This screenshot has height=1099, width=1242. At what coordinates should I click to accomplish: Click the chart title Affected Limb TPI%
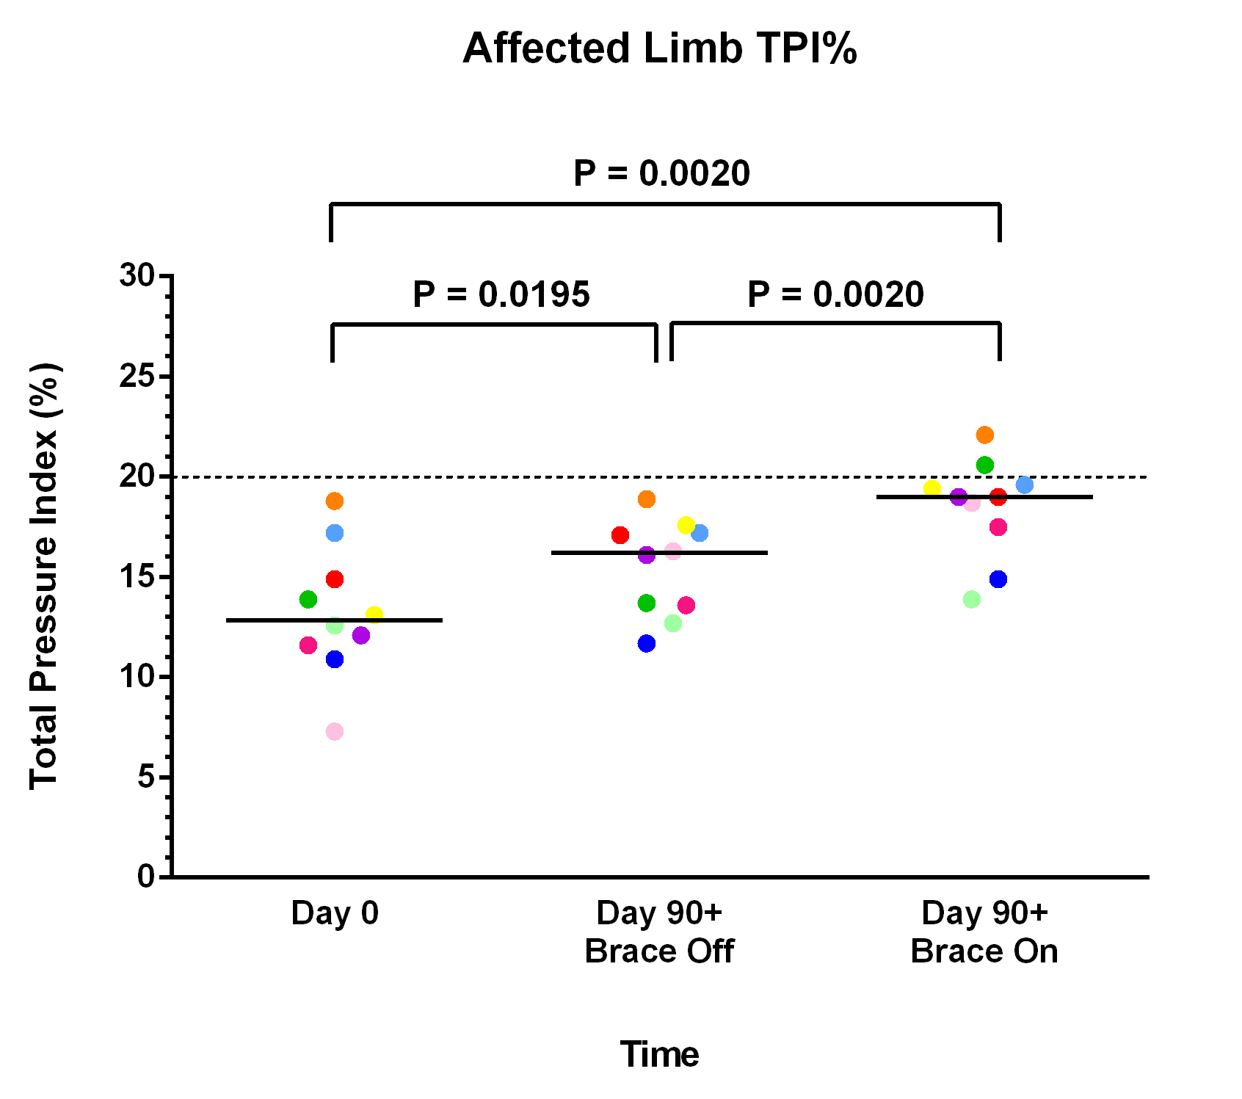point(659,48)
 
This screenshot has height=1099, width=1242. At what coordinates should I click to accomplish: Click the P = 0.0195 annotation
point(501,294)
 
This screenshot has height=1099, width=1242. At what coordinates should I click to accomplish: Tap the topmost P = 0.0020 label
point(661,173)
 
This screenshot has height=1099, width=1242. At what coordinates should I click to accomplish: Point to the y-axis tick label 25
point(137,377)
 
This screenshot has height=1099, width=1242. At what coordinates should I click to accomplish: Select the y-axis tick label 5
point(146,777)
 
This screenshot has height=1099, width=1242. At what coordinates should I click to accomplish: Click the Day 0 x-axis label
point(335,913)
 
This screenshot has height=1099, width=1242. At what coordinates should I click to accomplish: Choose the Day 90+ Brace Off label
point(659,932)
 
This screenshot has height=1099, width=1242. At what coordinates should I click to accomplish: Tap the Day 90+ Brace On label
point(984,932)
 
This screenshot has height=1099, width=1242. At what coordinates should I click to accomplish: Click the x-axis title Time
point(659,1055)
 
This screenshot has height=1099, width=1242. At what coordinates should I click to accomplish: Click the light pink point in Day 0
point(335,732)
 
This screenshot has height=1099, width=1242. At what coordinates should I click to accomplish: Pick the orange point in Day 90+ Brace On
point(985,435)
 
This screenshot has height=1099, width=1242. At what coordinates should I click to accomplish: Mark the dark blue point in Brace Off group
point(647,644)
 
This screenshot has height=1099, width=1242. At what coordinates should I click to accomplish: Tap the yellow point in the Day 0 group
point(374,615)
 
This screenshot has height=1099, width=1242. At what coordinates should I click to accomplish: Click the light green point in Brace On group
point(972,600)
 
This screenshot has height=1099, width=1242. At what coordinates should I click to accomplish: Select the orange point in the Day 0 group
point(335,501)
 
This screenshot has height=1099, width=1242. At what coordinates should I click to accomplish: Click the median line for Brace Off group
point(734,553)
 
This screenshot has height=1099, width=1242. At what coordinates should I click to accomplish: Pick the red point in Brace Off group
point(620,535)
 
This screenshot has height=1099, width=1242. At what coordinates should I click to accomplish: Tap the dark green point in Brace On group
point(985,465)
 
